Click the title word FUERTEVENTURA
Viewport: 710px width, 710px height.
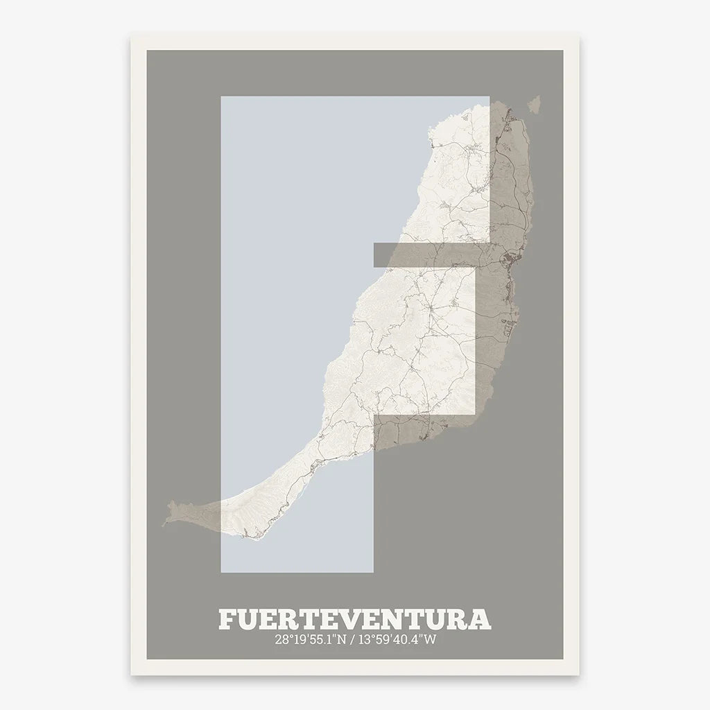pos(354,619)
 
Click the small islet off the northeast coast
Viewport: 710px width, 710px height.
pos(534,104)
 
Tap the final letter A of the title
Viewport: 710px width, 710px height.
pos(480,619)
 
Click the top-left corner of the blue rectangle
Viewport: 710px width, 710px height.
pos(221,97)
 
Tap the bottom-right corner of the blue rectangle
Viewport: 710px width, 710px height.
pos(373,572)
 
